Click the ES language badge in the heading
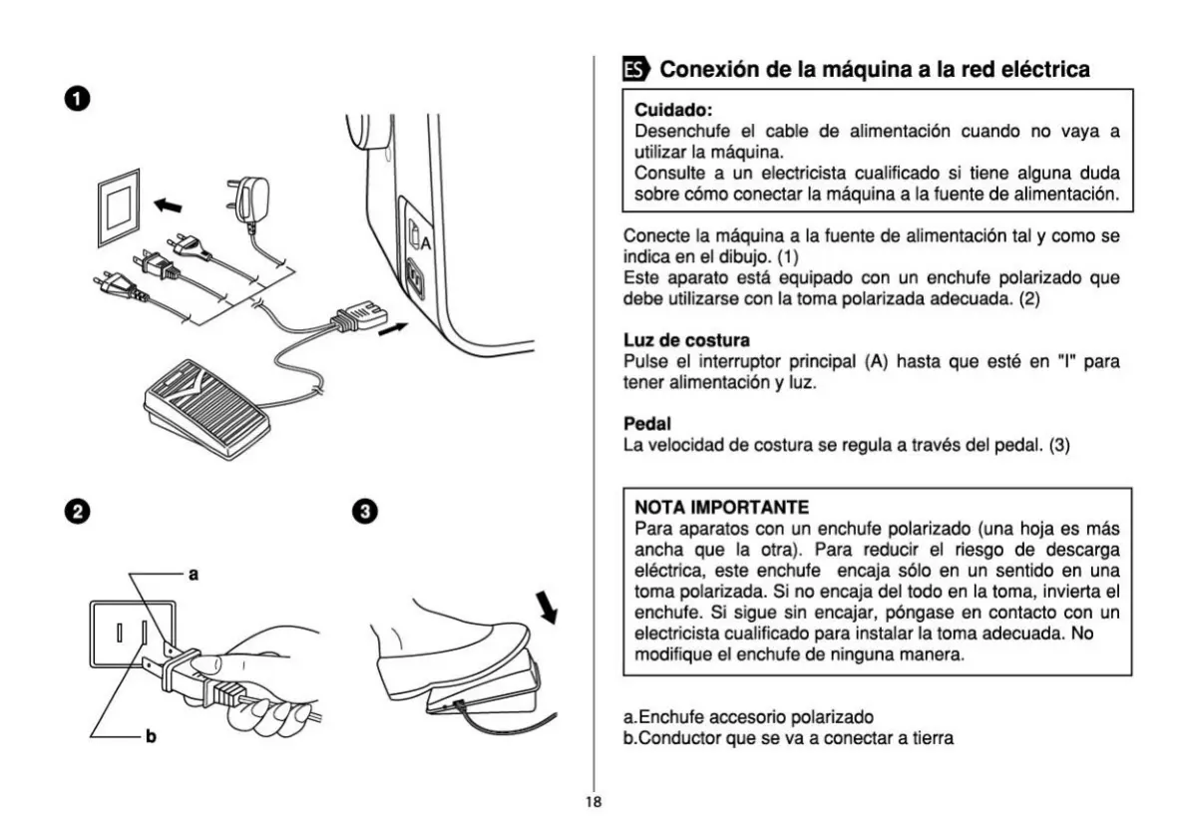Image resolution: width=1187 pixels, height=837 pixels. tap(635, 70)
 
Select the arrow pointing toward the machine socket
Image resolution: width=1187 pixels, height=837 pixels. tap(393, 328)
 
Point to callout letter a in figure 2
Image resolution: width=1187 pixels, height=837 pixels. tap(194, 574)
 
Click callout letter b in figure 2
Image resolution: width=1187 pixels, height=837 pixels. tap(151, 737)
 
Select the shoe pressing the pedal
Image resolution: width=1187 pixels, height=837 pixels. tap(449, 648)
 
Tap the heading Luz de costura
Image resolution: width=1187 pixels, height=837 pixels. tap(686, 341)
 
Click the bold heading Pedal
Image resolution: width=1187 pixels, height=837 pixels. tap(646, 424)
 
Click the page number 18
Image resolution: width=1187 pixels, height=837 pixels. tap(593, 802)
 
